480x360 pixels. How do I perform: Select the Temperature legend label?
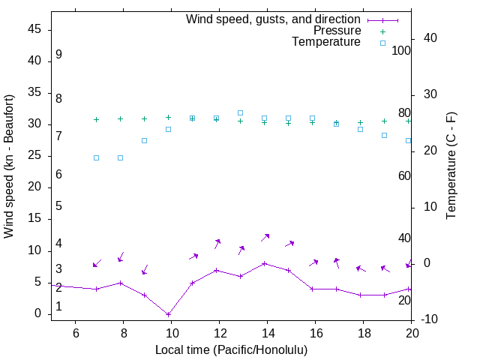point(326,42)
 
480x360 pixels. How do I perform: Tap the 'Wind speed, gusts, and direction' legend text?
point(274,19)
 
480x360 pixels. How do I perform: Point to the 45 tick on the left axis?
point(35,29)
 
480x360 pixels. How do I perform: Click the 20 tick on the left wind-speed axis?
point(35,187)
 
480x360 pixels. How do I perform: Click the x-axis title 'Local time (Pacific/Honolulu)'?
point(231,349)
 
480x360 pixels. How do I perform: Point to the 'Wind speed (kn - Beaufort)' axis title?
point(9,166)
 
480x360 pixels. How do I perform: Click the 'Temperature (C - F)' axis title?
point(451,166)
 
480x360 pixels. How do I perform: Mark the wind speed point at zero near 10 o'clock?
point(168,314)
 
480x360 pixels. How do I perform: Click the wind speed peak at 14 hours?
point(264,263)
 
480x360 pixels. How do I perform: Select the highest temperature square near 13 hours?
point(240,112)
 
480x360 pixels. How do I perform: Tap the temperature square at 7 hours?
point(96,157)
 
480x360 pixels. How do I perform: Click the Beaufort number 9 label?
point(58,55)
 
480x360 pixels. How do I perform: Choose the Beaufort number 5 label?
point(58,206)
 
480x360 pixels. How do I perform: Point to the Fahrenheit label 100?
point(401,51)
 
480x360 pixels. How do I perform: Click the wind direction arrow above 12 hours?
point(217,243)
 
